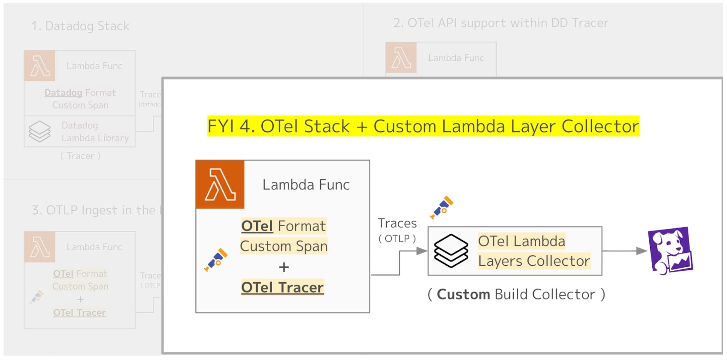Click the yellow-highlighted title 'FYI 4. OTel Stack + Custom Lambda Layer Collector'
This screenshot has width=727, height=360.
tap(423, 126)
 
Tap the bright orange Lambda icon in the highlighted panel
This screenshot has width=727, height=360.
tap(220, 185)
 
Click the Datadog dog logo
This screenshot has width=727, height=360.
tap(670, 251)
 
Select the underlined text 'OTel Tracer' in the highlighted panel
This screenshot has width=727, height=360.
tap(282, 287)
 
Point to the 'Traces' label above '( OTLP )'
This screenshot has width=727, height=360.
tap(397, 223)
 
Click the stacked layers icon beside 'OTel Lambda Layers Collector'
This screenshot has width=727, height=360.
tap(451, 251)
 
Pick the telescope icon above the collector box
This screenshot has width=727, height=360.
tap(442, 207)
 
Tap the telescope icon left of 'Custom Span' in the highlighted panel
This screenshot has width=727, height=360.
tap(216, 260)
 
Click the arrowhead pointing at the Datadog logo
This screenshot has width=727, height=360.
tap(641, 251)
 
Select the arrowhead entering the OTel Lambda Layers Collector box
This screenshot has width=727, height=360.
tap(422, 251)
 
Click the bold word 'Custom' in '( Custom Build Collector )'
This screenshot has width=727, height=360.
tap(463, 294)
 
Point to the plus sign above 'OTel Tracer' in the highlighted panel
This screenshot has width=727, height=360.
tap(284, 267)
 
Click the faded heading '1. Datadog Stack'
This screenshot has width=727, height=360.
tap(80, 26)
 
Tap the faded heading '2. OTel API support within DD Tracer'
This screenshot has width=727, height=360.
tap(500, 23)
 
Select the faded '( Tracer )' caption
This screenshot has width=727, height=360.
tap(80, 156)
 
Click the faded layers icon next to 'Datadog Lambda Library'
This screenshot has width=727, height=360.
tap(39, 131)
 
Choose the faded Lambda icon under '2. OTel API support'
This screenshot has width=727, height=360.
tap(401, 57)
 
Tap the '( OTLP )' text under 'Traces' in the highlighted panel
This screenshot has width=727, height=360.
tap(397, 239)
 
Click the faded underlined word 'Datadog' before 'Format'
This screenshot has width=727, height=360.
tap(63, 93)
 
